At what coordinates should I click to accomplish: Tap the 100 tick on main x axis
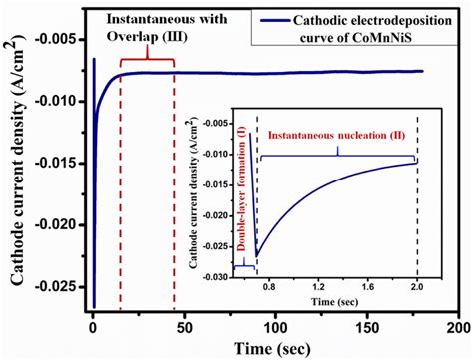[274, 327]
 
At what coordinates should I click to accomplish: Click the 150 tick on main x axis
[365, 327]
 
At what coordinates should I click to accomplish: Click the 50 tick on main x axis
[183, 327]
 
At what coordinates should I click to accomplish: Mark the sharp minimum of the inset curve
[256, 256]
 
